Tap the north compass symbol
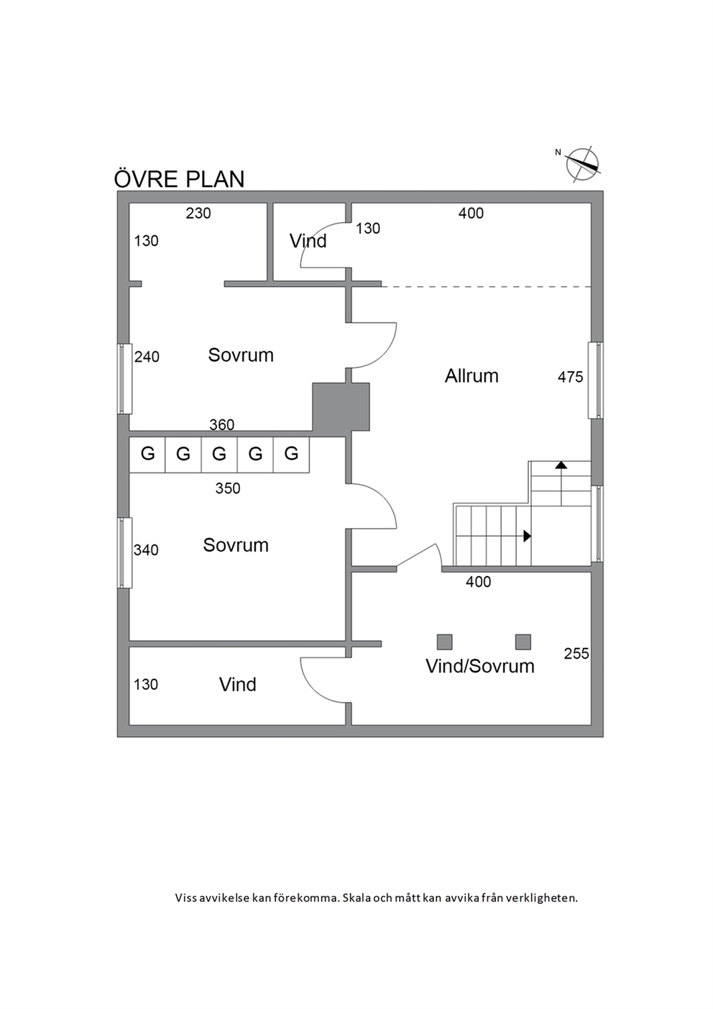582,164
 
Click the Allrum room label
471,375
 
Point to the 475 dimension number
570,377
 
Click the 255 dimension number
576,653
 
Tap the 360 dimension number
222,424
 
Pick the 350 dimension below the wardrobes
228,488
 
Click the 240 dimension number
147,357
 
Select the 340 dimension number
146,550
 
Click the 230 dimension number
198,213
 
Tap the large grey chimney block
341,407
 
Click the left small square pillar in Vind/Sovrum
445,642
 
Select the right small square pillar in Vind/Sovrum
523,642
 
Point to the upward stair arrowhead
561,465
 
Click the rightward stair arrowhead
528,536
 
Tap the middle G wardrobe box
219,454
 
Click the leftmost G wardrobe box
147,454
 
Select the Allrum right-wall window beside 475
596,380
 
